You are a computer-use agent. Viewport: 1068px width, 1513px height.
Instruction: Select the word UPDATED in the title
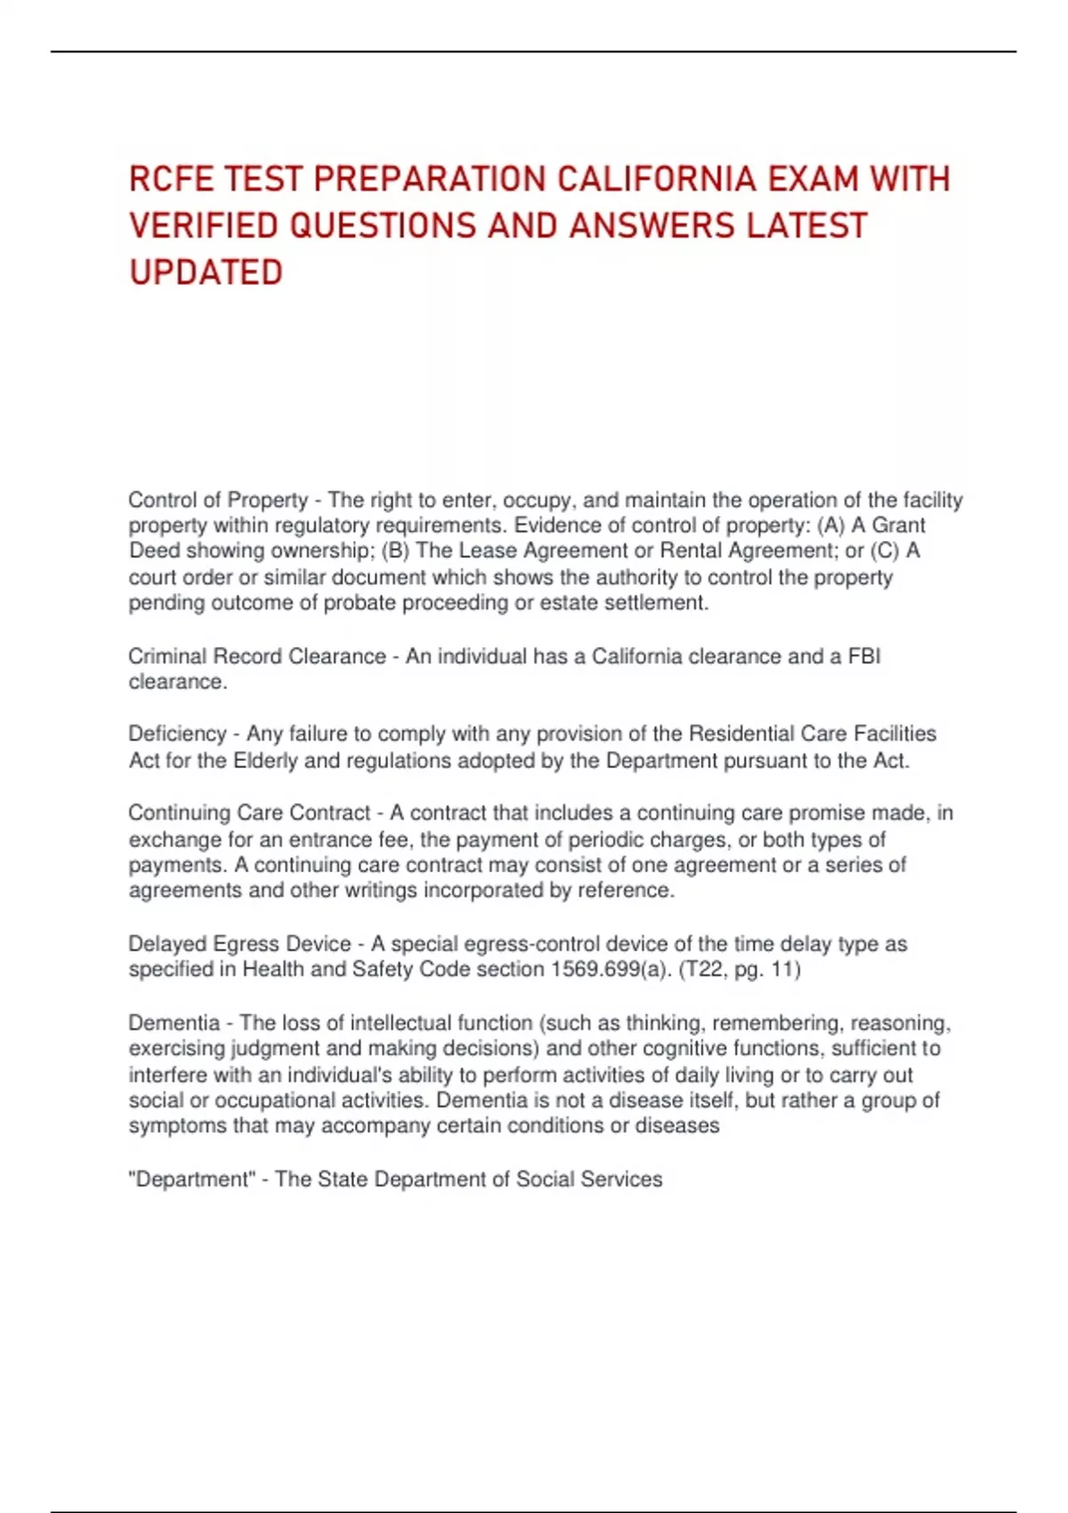tap(206, 272)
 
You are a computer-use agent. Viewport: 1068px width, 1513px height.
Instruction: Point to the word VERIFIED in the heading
tap(204, 226)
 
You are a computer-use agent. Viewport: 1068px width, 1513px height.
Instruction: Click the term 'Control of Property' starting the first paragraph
tap(218, 500)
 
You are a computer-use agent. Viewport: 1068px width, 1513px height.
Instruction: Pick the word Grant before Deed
tap(898, 525)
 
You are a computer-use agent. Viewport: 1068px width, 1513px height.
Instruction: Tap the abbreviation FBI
tap(864, 656)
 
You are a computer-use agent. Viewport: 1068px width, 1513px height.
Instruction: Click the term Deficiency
tap(177, 733)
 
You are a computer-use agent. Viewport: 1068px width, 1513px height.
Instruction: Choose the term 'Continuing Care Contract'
tap(249, 813)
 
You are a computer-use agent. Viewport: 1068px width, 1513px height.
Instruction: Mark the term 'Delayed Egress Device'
tap(239, 943)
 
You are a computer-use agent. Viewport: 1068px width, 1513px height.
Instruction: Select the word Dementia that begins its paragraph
tap(174, 1023)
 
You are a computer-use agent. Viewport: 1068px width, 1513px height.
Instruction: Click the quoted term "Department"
tap(191, 1179)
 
